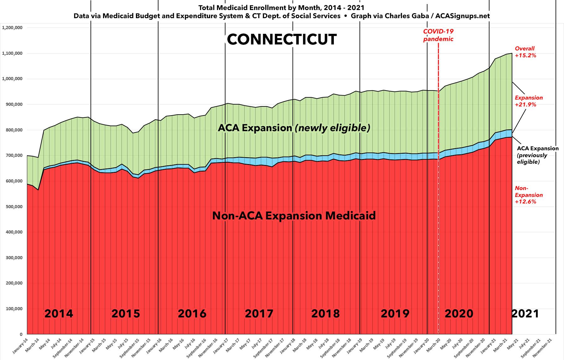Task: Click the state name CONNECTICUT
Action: (x=282, y=40)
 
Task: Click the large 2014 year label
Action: (x=59, y=313)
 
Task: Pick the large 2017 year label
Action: (x=259, y=313)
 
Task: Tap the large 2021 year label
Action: (x=525, y=313)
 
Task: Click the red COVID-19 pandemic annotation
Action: (x=438, y=35)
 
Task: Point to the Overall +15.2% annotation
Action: (x=525, y=52)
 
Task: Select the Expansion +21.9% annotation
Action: (x=529, y=101)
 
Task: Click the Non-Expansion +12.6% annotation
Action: (x=529, y=195)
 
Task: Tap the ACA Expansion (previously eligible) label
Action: (x=537, y=155)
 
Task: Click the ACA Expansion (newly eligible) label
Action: (x=294, y=128)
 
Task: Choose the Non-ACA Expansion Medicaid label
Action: (x=294, y=216)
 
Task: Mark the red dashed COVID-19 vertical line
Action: (x=438, y=188)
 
